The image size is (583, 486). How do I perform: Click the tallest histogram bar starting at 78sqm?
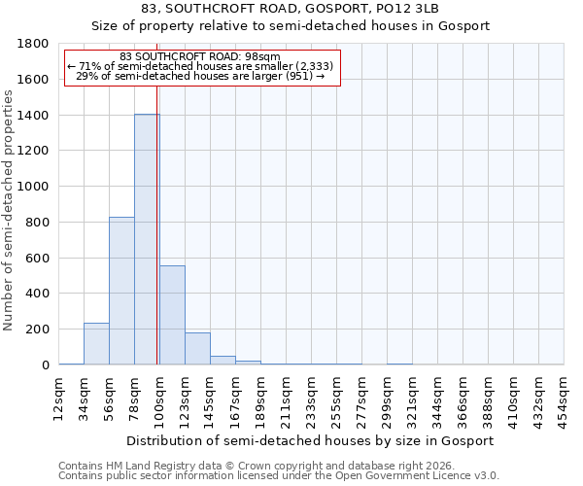tap(147, 239)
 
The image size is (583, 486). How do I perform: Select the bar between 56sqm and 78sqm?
tap(121, 291)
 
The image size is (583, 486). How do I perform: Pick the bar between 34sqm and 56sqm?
tap(96, 344)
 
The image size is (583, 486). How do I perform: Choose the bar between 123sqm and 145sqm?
tap(197, 349)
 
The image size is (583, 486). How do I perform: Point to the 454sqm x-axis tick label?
tap(565, 397)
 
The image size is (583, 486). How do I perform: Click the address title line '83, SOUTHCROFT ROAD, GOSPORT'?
tap(291, 9)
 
